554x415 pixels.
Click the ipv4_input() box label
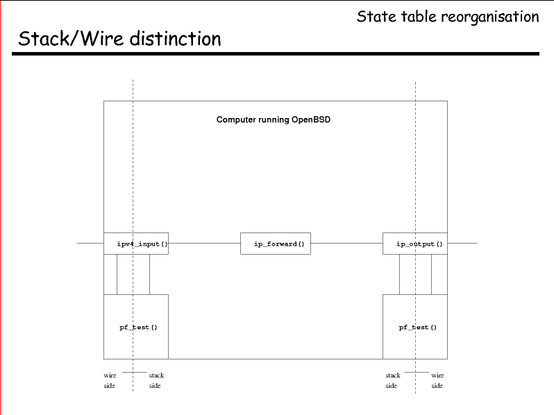(x=142, y=244)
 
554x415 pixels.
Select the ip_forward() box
(x=275, y=244)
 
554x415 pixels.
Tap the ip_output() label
(x=419, y=244)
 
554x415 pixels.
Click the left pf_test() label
(x=139, y=328)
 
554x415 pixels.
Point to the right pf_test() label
(x=418, y=328)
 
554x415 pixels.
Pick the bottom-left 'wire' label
(x=110, y=375)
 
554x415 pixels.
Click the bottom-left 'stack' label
(x=156, y=375)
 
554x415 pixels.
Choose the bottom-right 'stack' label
(x=393, y=375)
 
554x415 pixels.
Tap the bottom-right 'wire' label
(x=437, y=375)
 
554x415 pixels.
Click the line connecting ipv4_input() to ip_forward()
(x=204, y=244)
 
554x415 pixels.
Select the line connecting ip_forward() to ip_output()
(x=346, y=244)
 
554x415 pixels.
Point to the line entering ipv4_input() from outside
(x=90, y=244)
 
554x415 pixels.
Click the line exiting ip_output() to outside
(x=462, y=244)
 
